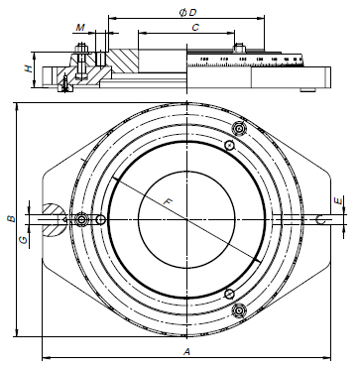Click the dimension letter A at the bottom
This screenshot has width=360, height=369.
point(185,351)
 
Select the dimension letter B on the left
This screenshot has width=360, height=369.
point(9,217)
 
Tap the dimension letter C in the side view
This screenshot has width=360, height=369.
point(196,30)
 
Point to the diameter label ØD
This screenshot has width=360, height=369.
point(187,11)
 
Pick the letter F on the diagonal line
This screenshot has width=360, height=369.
point(169,202)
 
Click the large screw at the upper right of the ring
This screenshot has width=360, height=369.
point(237,128)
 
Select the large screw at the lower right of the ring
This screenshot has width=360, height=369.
point(237,310)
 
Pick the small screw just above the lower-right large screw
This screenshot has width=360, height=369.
point(229,294)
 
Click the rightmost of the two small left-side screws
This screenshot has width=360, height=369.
point(101,219)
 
